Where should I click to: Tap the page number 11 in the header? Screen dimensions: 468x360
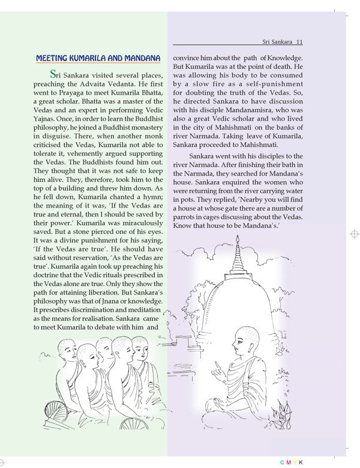tap(300, 42)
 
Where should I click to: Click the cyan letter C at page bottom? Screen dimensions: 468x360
tap(282, 463)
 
